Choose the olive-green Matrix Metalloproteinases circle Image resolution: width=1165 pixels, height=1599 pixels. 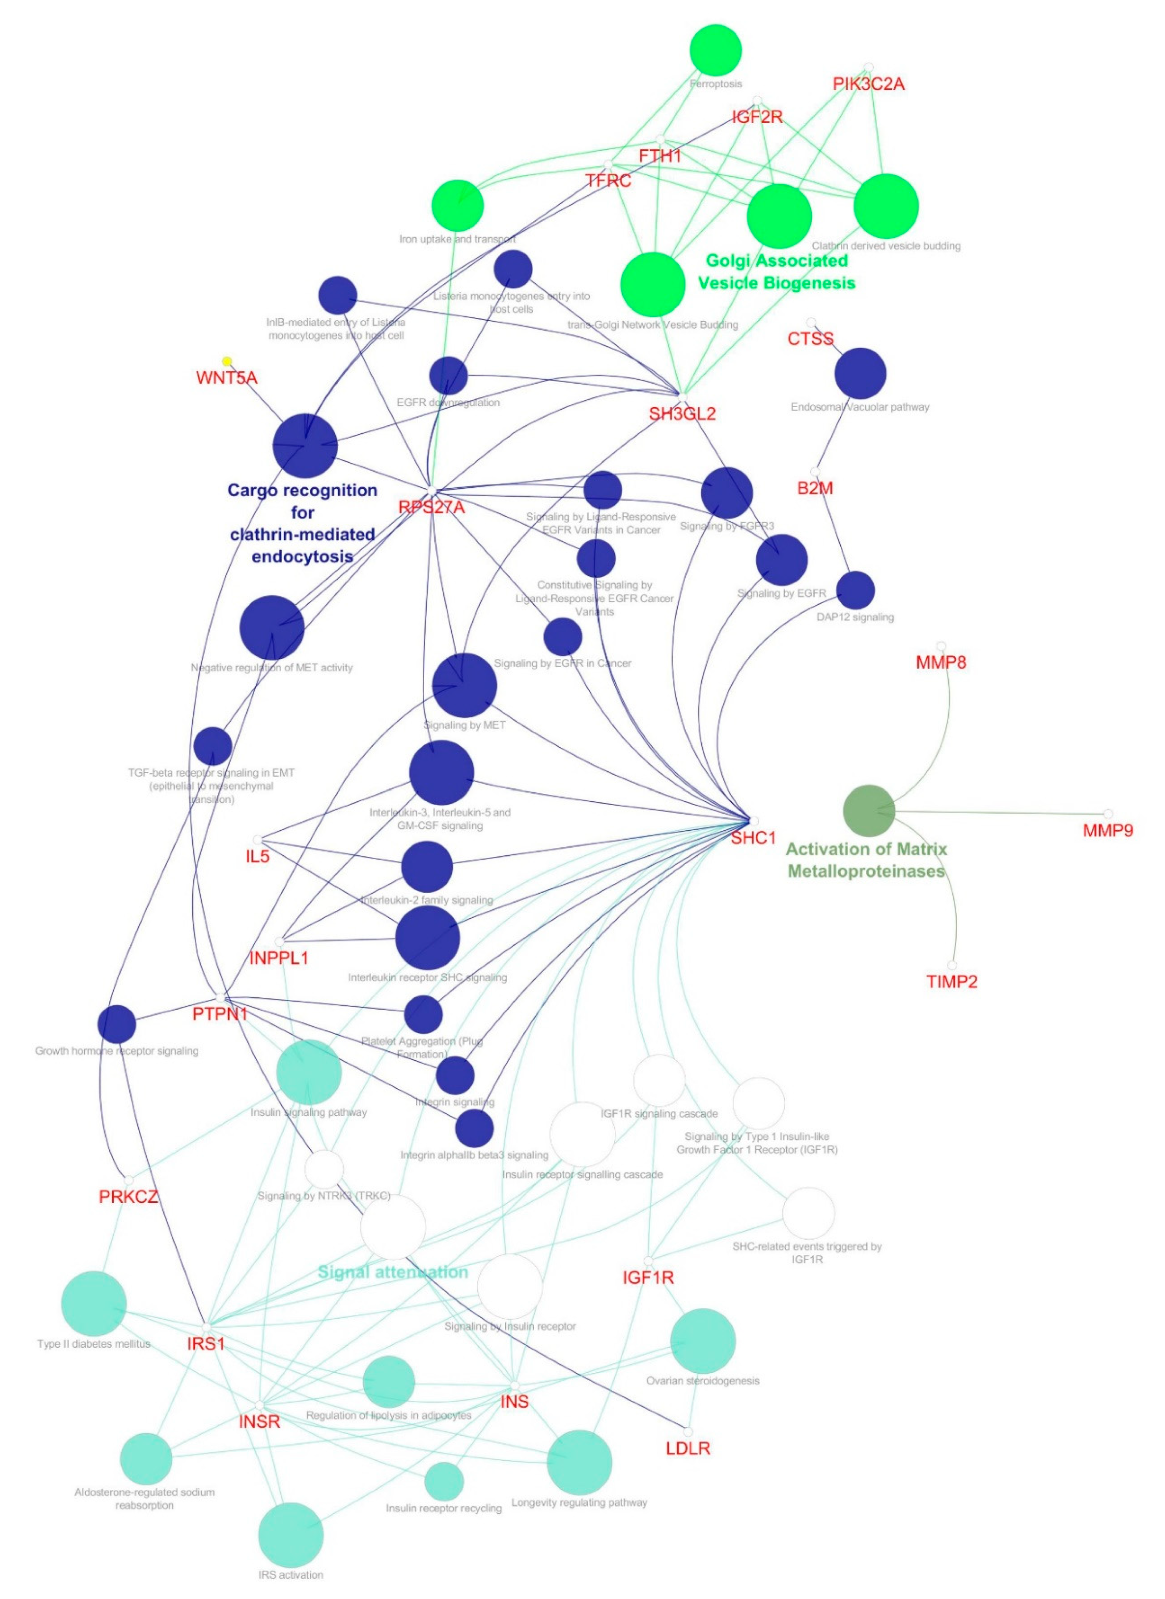pyautogui.click(x=869, y=811)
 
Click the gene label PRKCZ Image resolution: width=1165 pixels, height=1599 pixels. pyautogui.click(x=128, y=1197)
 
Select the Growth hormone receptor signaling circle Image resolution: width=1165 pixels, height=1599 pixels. pyautogui.click(x=116, y=1024)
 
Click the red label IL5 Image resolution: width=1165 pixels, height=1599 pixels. pyautogui.click(x=258, y=857)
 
